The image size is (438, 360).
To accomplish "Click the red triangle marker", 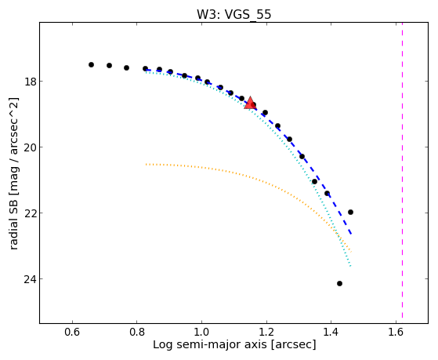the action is pos(250,103).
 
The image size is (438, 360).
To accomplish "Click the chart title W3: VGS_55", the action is pos(233,14).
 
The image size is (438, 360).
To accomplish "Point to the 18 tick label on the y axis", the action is pos(29,82).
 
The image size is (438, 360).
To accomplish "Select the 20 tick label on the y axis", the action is pos(29,147).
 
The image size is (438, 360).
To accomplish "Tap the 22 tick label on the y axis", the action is pos(29,213).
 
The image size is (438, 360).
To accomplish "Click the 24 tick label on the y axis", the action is pos(29,279).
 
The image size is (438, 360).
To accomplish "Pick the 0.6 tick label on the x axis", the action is pos(72,332).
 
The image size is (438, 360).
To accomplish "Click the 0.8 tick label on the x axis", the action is pos(136,332).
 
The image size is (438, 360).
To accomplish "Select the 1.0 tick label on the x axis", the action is pos(201,332).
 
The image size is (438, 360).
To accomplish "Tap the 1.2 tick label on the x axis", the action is pos(266,332).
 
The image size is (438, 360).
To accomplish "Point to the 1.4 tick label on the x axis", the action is pos(331,332).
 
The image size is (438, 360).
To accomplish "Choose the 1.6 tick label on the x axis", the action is pos(396,332).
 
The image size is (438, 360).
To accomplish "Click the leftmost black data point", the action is pos(91,64).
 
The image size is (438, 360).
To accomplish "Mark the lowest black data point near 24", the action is pos(339,283).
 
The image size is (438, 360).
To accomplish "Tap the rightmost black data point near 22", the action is pos(350,212).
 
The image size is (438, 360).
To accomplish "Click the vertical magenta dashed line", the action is pos(402,170).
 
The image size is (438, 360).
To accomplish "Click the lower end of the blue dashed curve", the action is pos(351,234).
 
